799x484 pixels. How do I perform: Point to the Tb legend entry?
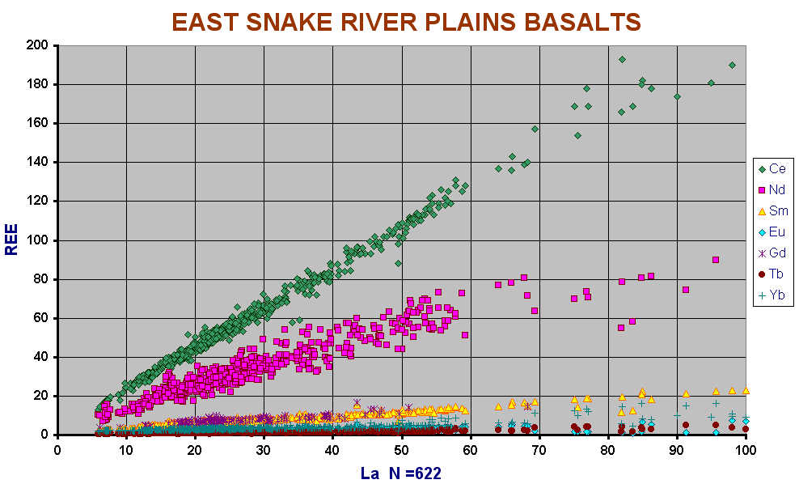pyautogui.click(x=771, y=274)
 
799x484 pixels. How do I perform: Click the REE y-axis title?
pyautogui.click(x=11, y=240)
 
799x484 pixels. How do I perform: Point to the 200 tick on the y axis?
pyautogui.click(x=37, y=45)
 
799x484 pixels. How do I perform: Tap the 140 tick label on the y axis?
pyautogui.click(x=37, y=162)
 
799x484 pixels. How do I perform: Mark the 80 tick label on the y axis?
pyautogui.click(x=41, y=279)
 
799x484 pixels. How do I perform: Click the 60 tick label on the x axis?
pyautogui.click(x=471, y=450)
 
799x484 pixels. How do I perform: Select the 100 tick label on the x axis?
pyautogui.click(x=746, y=450)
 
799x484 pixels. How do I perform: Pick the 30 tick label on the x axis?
pyautogui.click(x=264, y=450)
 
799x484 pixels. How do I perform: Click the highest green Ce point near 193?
pyautogui.click(x=622, y=59)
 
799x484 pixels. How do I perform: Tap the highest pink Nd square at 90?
pyautogui.click(x=716, y=260)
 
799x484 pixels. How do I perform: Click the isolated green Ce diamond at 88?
pyautogui.click(x=399, y=263)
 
